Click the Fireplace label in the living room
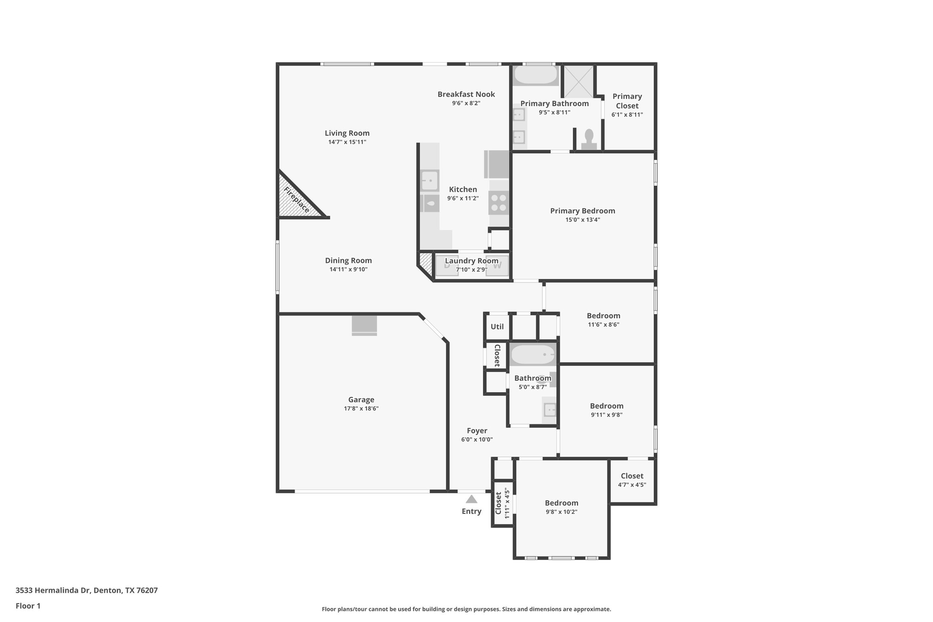coord(296,200)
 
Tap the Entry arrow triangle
coord(471,499)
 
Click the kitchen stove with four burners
coord(498,203)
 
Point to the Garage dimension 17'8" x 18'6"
coord(361,409)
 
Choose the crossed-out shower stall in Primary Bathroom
coord(579,81)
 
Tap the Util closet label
coord(497,326)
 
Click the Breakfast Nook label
coord(466,94)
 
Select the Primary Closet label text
coord(627,101)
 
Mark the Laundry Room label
coord(471,261)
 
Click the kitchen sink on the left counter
coord(429,180)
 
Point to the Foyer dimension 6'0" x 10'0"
coord(477,439)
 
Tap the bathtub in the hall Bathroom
coord(533,355)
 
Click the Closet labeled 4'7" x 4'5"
coord(632,480)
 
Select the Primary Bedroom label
coord(582,210)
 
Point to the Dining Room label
coord(348,260)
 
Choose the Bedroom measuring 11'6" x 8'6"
coord(603,320)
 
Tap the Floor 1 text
coord(28,606)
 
